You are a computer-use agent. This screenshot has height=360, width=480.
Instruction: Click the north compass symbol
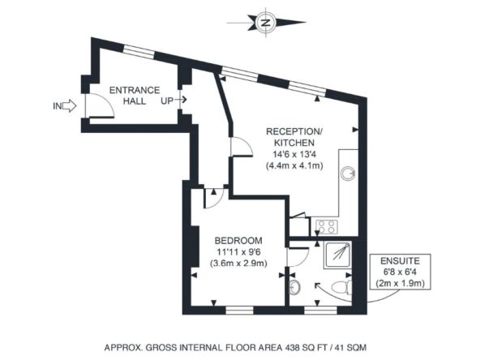click(265, 23)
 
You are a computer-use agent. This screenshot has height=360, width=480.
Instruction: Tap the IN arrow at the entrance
click(70, 106)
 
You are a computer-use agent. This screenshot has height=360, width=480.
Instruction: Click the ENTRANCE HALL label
click(135, 96)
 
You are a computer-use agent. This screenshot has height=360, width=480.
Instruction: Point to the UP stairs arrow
click(183, 100)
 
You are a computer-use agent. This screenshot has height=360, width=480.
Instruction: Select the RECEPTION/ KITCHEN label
click(294, 137)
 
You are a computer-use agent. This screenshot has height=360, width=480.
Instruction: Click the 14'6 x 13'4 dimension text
click(294, 154)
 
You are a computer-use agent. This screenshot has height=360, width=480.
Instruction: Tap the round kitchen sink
click(348, 174)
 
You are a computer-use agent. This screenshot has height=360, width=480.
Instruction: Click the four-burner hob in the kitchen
click(327, 227)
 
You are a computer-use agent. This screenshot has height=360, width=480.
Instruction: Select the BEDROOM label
click(238, 241)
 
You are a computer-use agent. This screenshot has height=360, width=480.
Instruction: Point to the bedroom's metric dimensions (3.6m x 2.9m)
click(238, 263)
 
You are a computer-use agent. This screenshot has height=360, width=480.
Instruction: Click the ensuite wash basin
click(294, 287)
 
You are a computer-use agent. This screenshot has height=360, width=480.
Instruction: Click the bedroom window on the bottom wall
click(240, 310)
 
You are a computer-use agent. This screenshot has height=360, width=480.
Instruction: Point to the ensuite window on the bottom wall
click(320, 310)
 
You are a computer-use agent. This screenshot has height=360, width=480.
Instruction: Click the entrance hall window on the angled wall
click(139, 51)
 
